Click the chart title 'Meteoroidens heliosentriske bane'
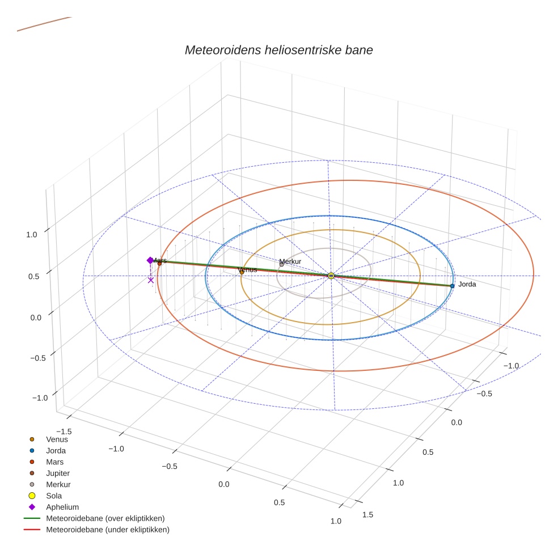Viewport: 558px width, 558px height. point(278,50)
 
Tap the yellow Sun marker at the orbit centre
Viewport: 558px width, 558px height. point(331,276)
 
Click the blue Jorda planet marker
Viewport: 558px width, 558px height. point(452,286)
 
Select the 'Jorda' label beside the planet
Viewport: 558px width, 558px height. point(467,284)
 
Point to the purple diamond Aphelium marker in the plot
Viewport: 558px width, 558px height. point(150,260)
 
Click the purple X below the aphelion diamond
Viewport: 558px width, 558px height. point(151,280)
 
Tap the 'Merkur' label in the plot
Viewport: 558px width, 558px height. point(290,261)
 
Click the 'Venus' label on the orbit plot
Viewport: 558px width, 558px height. point(247,269)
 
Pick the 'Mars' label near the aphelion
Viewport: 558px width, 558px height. point(159,260)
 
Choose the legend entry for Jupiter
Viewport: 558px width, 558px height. point(58,473)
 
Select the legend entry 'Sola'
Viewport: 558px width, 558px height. point(54,496)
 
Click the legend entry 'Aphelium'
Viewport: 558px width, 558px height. point(62,507)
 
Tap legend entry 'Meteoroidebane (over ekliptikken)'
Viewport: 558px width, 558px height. point(105,518)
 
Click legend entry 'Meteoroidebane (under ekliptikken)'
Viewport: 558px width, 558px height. point(107,530)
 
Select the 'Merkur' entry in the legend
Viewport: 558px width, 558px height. point(58,484)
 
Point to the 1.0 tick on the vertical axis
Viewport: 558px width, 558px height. point(32,235)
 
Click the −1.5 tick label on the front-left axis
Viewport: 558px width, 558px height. point(65,416)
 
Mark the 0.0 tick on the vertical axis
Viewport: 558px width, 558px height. point(36,317)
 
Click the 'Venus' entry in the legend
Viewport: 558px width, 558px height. point(57,439)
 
